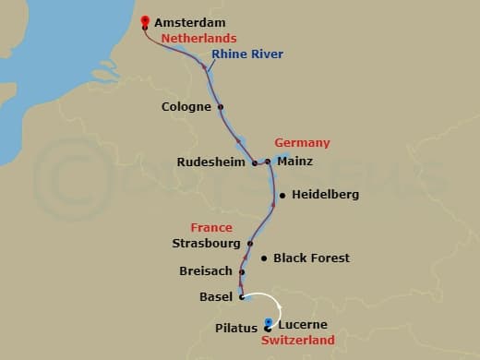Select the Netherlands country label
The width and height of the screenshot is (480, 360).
click(x=198, y=39)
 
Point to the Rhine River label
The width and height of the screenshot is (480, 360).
click(x=247, y=54)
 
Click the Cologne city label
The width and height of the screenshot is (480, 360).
click(x=186, y=107)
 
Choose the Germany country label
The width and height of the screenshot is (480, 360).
click(x=302, y=143)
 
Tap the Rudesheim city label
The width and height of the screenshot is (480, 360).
click(x=212, y=162)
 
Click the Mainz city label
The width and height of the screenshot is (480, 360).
click(x=295, y=162)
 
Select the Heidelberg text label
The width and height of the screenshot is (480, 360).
click(x=325, y=195)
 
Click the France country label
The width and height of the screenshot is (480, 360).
click(x=210, y=227)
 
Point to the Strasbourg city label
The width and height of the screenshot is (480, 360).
click(x=205, y=244)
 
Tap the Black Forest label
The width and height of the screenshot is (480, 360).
click(x=311, y=258)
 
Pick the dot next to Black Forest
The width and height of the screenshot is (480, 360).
click(x=264, y=258)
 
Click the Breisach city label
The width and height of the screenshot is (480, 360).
click(x=206, y=271)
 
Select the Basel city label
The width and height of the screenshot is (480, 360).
click(x=216, y=297)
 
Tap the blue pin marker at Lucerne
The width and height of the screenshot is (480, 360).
click(x=268, y=323)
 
